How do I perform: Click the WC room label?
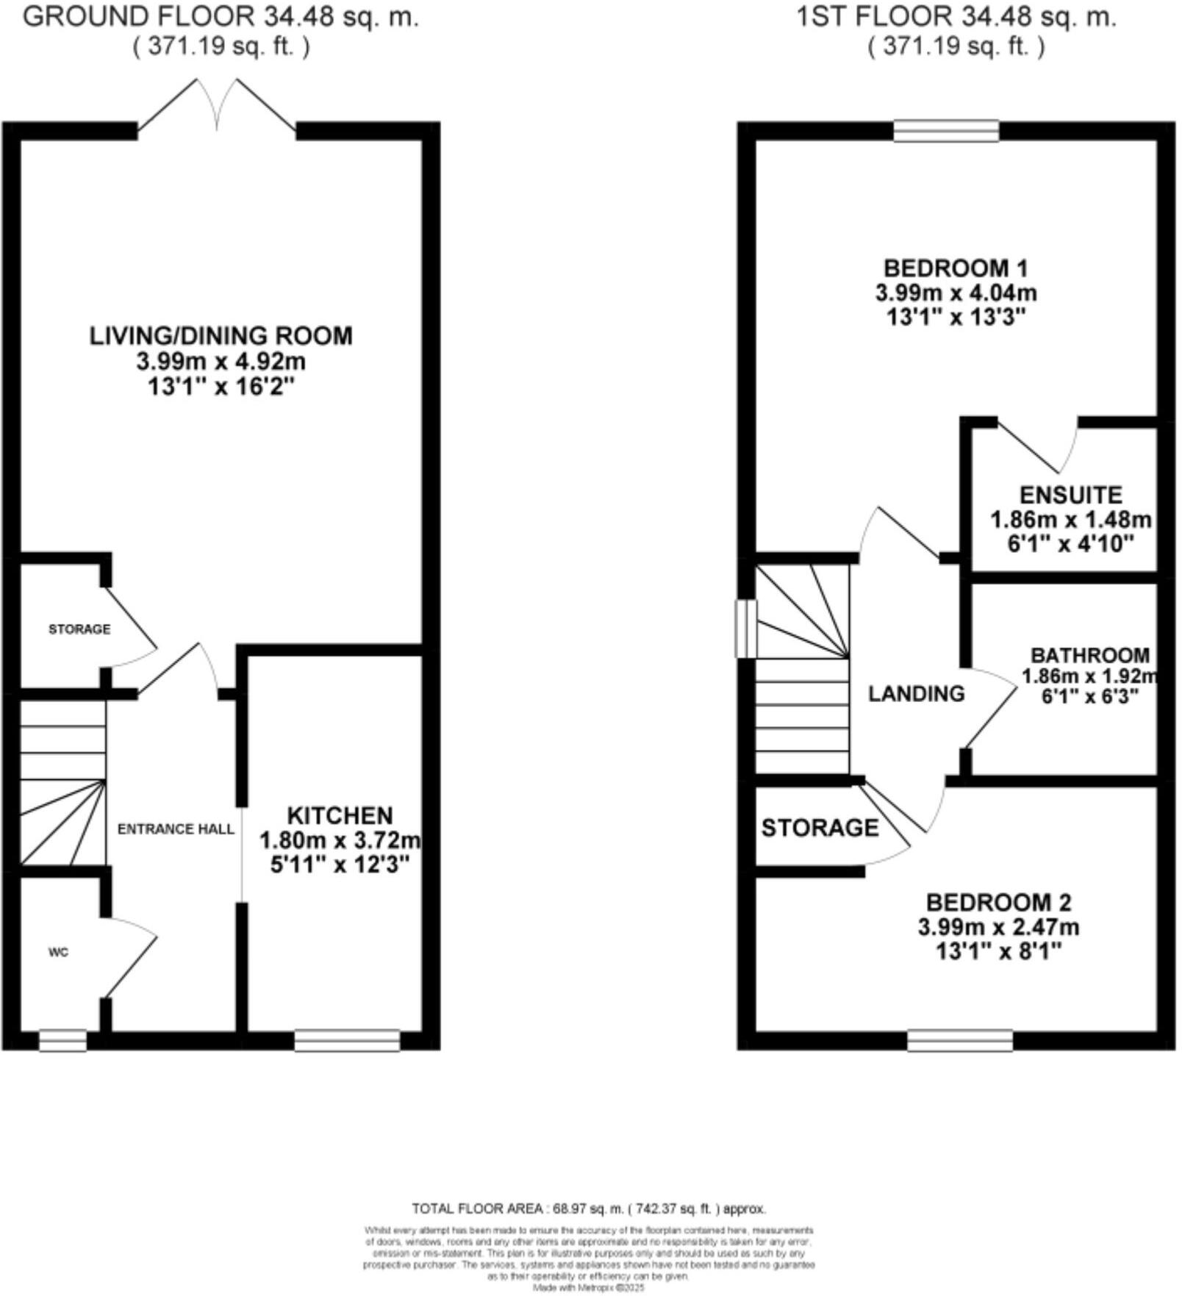point(58,953)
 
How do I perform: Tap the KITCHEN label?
point(339,816)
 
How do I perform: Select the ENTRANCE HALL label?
point(176,829)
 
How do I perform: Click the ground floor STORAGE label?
point(79,629)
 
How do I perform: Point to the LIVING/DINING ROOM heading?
point(221,336)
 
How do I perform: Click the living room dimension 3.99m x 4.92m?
point(221,362)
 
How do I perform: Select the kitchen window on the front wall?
point(347,1041)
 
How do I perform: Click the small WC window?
point(62,1041)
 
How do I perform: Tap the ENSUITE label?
point(1070,495)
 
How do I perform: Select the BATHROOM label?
point(1089,655)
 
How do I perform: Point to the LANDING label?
point(916,693)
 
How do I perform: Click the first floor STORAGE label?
point(819,828)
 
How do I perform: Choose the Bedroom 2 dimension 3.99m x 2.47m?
point(997,927)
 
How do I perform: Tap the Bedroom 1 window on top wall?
point(946,132)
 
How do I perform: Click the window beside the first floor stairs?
point(746,629)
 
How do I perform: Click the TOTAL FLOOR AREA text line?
point(589,1209)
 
